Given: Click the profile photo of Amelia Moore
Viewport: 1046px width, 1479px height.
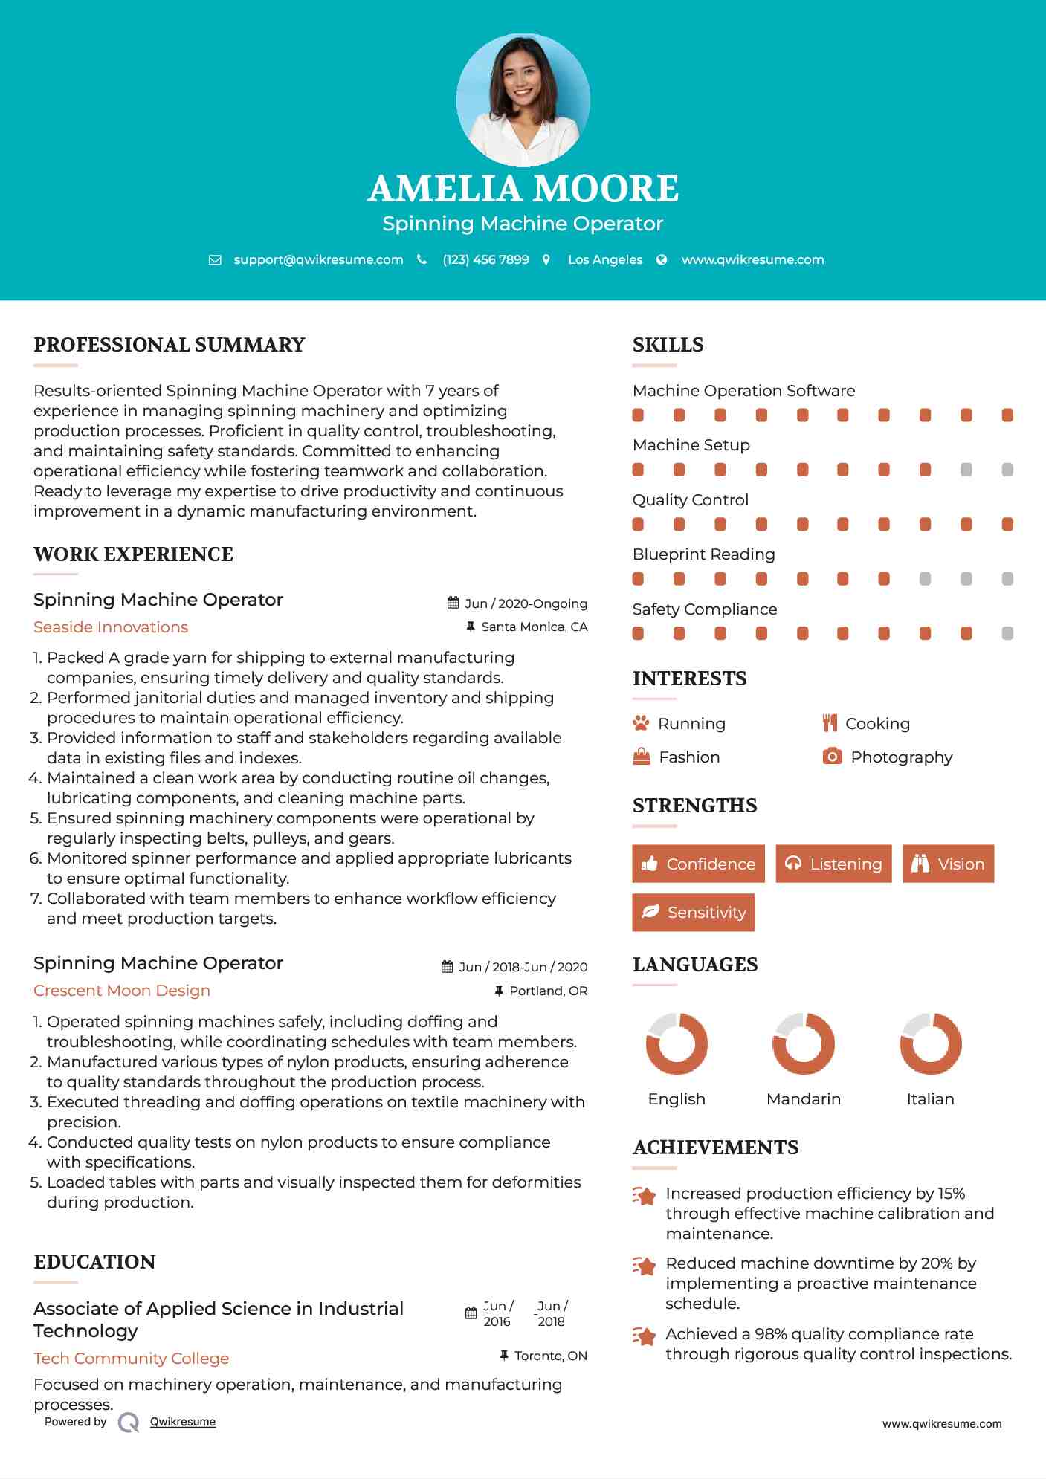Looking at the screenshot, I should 523,100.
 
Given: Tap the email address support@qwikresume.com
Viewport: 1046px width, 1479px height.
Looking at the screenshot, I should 318,259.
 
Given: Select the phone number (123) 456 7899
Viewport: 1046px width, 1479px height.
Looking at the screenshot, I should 485,259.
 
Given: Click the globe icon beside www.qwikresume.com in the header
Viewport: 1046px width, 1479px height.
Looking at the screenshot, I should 662,259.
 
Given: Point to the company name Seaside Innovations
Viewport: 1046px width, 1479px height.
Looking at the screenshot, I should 111,627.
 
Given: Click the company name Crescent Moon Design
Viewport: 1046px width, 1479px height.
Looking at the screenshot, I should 122,991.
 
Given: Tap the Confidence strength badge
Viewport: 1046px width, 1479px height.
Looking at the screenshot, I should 698,864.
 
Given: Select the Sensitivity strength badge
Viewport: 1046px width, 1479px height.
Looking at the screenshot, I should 693,912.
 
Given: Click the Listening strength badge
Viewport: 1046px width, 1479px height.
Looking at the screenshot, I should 833,864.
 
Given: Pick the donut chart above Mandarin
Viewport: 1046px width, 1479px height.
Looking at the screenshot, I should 803,1043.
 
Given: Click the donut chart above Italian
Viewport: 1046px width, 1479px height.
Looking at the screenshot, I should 930,1043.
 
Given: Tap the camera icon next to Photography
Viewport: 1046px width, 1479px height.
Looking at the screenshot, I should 832,757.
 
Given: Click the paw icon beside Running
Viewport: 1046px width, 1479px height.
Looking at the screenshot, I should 641,723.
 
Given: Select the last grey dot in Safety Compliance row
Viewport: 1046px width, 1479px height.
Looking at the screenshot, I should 1007,633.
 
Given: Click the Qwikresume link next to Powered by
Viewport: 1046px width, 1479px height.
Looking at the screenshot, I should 183,1422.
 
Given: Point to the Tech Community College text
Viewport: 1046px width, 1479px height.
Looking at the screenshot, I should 132,1359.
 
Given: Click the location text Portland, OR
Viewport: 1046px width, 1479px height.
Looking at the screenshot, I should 548,991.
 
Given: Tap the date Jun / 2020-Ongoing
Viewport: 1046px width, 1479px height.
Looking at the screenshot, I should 526,603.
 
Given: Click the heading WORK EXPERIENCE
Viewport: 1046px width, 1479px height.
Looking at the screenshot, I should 133,554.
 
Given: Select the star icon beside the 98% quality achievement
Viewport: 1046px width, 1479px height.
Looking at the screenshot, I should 645,1336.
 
